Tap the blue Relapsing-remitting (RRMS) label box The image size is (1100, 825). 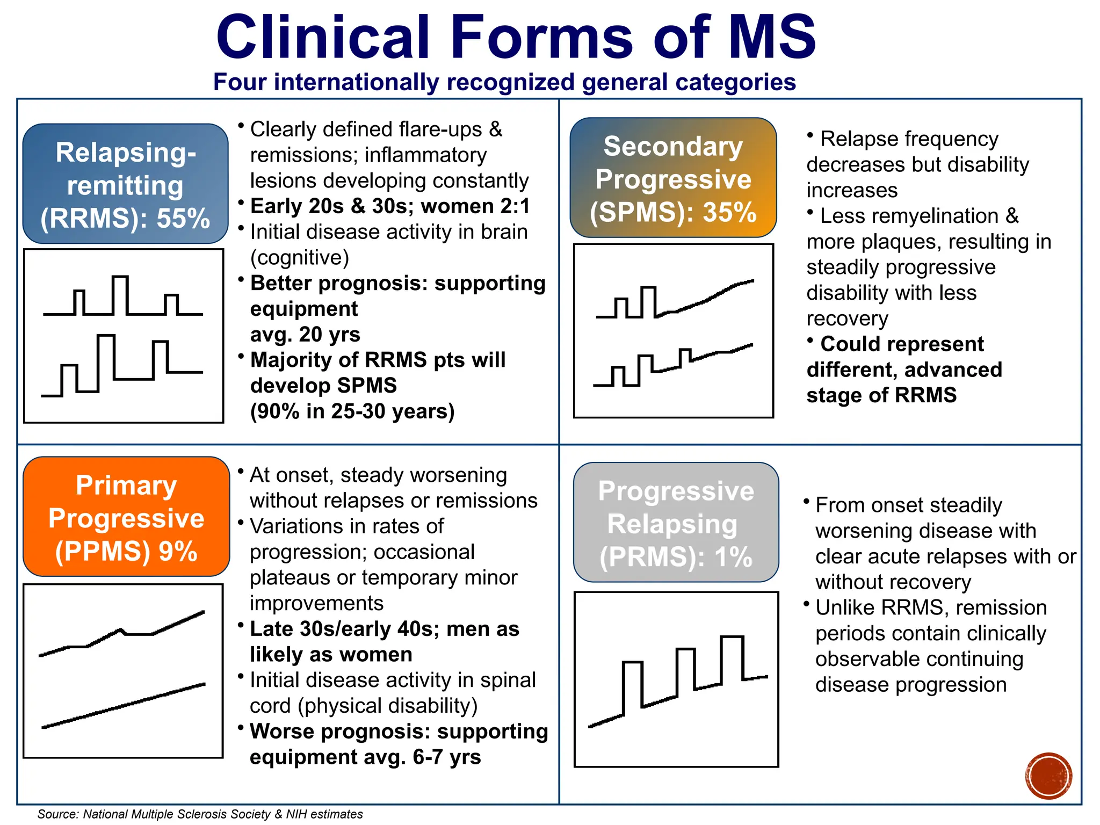click(x=126, y=184)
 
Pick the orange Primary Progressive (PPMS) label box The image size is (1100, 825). click(x=126, y=517)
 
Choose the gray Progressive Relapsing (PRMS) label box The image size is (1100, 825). click(x=676, y=523)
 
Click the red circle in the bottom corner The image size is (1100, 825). click(x=1048, y=776)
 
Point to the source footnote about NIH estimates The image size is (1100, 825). click(x=200, y=814)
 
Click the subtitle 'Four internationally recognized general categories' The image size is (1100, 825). click(x=504, y=82)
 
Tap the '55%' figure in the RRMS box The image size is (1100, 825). click(x=183, y=219)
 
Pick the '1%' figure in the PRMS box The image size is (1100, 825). click(x=733, y=557)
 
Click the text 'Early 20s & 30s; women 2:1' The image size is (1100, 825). click(x=390, y=206)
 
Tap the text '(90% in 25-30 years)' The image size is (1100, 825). click(x=352, y=411)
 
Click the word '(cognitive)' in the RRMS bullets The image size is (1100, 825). click(x=300, y=258)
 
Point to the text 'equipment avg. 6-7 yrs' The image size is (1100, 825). click(x=365, y=757)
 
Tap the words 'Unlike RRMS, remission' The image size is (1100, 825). click(x=931, y=608)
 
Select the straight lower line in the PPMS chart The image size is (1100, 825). click(x=124, y=705)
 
